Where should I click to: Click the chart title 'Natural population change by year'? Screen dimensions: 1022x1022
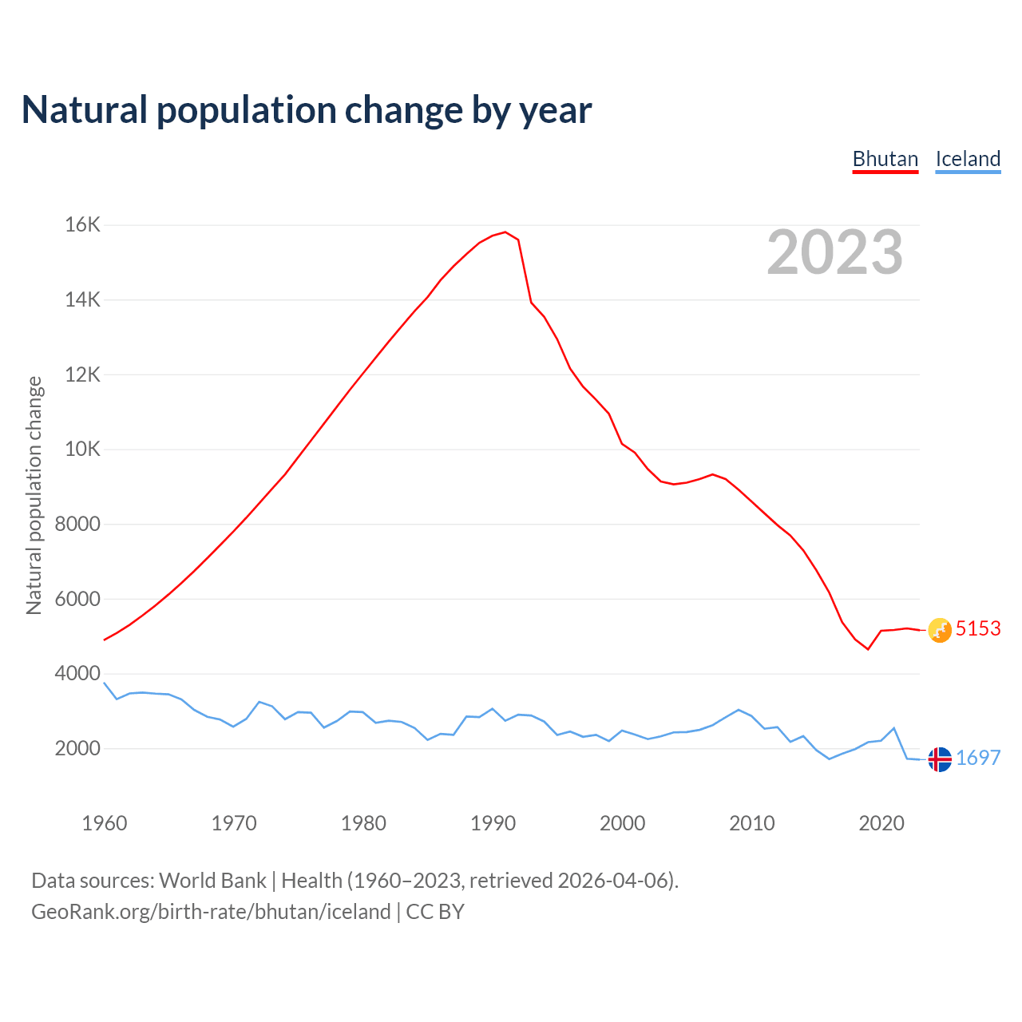[307, 110]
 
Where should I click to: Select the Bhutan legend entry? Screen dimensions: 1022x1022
[885, 159]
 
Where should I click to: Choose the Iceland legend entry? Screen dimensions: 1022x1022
[968, 159]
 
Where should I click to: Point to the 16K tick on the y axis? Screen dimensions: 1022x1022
[83, 225]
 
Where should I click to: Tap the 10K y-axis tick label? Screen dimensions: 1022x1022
[83, 450]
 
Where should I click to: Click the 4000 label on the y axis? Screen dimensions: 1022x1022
[77, 674]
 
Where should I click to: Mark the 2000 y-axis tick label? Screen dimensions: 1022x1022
[77, 749]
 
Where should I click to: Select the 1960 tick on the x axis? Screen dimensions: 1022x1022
[105, 823]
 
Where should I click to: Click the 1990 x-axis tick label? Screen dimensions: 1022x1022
[493, 823]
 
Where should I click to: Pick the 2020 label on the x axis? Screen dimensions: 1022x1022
[881, 823]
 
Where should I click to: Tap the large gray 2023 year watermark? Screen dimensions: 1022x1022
[835, 252]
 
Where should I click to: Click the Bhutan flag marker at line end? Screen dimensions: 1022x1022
[940, 630]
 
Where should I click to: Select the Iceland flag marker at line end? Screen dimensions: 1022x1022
[940, 759]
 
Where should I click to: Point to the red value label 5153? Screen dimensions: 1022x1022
[978, 629]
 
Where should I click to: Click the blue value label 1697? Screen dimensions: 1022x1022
[978, 759]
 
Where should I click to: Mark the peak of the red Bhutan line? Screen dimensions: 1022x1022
[505, 232]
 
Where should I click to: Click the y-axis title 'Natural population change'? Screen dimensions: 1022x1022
[34, 495]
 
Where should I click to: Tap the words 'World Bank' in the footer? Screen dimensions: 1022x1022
[212, 881]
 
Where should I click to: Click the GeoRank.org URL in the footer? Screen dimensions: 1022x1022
[211, 912]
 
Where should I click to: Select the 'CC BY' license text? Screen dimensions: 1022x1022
[435, 912]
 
